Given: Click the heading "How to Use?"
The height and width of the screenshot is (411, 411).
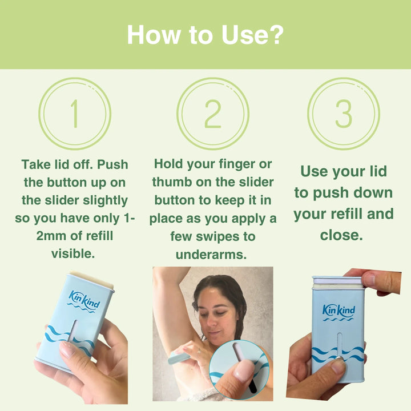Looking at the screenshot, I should pos(205,34).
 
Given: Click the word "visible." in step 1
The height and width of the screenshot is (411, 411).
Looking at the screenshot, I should pos(74,253).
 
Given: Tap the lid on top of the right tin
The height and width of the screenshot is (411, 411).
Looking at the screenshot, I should pos(337,280).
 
